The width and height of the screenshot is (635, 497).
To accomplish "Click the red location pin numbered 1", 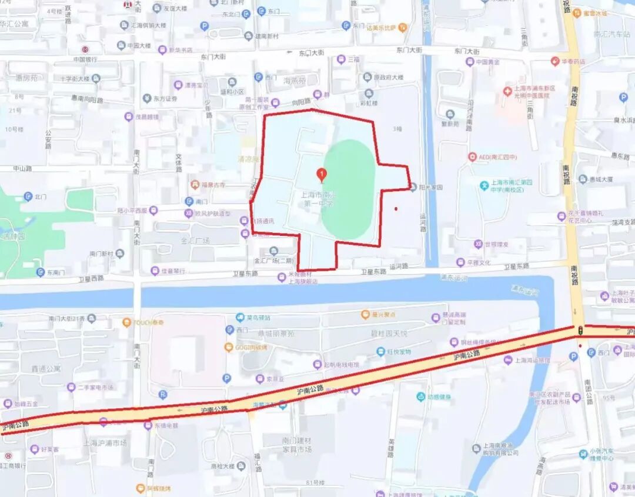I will tap(322, 174).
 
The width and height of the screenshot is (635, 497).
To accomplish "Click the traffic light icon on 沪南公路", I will tap(580, 331).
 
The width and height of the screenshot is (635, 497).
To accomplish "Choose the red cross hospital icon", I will tap(507, 91).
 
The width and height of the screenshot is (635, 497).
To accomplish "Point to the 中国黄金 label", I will tap(487, 62).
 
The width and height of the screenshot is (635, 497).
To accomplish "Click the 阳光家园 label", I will tap(430, 188).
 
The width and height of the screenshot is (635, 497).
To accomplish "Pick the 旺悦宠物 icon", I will tap(381, 352).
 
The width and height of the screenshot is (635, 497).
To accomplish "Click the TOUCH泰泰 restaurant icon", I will tap(126, 322).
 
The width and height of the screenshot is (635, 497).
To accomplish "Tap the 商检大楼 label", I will tap(223, 466).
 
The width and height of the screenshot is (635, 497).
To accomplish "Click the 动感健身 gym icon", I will tap(421, 396).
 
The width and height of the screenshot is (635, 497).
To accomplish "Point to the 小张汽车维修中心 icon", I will tap(583, 453).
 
